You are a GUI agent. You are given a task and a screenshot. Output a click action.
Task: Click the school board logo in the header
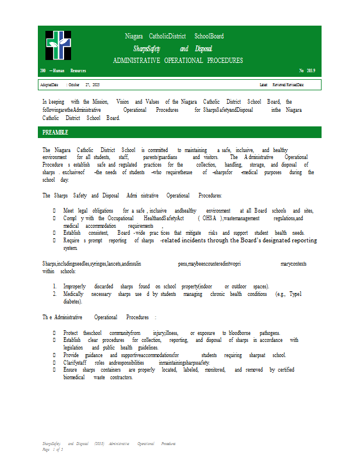click(58, 45)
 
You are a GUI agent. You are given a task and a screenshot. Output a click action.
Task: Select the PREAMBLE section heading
click(55, 132)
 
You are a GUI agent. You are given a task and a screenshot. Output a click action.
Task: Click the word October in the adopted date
click(74, 85)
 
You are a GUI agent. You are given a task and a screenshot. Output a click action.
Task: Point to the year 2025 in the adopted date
click(96, 85)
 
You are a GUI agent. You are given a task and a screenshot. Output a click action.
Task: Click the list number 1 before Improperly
click(54, 287)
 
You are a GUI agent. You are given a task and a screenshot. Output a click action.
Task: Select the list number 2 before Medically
click(54, 294)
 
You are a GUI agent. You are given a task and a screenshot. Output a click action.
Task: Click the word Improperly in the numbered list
click(74, 287)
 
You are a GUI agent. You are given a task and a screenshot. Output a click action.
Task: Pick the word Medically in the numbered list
click(74, 294)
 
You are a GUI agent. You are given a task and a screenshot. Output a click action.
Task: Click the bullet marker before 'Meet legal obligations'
click(54, 210)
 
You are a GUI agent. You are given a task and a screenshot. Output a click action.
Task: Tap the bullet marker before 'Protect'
click(54, 333)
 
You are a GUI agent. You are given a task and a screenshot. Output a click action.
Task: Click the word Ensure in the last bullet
click(70, 370)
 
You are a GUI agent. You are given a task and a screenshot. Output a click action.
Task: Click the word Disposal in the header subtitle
click(204, 49)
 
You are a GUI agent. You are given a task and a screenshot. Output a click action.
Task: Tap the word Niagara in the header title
click(135, 36)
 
